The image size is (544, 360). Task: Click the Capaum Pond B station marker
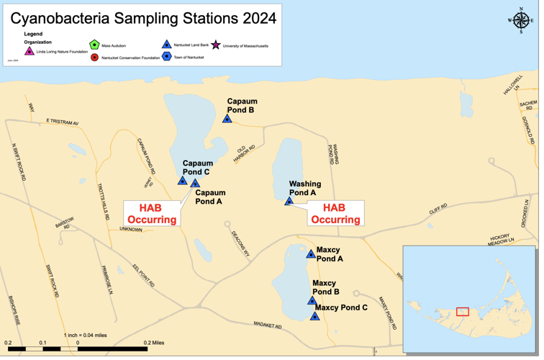pyautogui.click(x=227, y=119)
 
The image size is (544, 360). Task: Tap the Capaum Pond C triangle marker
pyautogui.click(x=183, y=181)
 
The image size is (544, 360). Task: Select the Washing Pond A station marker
pyautogui.click(x=289, y=202)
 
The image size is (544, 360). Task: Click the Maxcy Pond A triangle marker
pyautogui.click(x=311, y=254)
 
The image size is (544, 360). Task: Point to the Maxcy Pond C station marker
pyautogui.click(x=314, y=317)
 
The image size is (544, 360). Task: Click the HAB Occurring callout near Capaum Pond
pyautogui.click(x=152, y=214)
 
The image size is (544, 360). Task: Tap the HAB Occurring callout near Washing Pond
pyautogui.click(x=335, y=214)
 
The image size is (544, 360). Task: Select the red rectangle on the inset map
pyautogui.click(x=463, y=312)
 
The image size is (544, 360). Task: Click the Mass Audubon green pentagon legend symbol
pyautogui.click(x=94, y=45)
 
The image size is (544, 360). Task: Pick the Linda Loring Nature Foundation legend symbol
pyautogui.click(x=30, y=51)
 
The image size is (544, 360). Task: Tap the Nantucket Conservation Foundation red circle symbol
pyautogui.click(x=94, y=57)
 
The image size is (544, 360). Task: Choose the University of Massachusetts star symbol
pyautogui.click(x=215, y=45)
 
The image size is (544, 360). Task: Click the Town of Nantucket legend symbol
pyautogui.click(x=167, y=57)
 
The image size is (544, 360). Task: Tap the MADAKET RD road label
pyautogui.click(x=268, y=325)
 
